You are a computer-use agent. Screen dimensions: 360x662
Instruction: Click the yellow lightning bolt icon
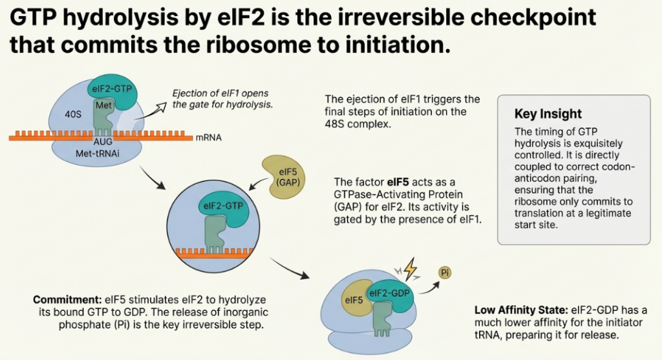pyautogui.click(x=409, y=266)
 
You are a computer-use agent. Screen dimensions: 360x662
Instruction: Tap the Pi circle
pyautogui.click(x=445, y=272)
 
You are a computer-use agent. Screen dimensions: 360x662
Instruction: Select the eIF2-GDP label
pyautogui.click(x=390, y=293)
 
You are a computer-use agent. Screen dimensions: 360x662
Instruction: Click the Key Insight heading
pyautogui.click(x=548, y=114)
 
